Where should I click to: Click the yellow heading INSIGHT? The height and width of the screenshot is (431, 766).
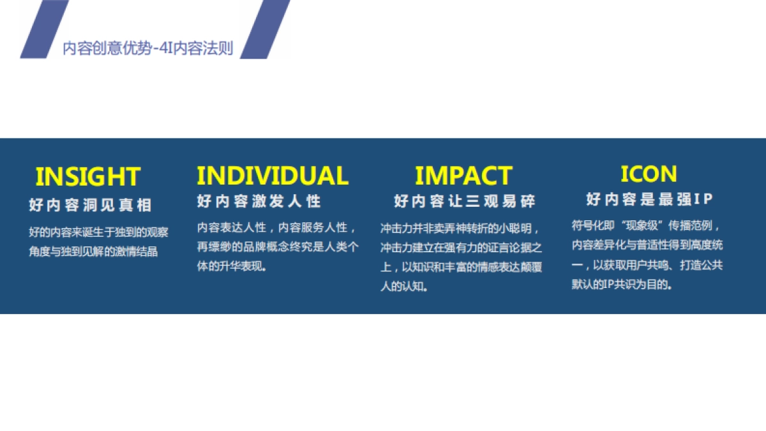[88, 176]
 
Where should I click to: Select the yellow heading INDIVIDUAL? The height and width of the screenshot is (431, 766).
[273, 176]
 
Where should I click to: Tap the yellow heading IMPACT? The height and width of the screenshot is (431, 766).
[463, 176]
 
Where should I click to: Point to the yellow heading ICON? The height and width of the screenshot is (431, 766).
[649, 174]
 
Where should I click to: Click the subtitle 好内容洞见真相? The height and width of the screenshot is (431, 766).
[90, 205]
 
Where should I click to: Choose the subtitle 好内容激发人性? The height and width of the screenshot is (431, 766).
[259, 200]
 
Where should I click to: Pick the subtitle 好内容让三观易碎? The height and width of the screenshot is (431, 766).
[465, 200]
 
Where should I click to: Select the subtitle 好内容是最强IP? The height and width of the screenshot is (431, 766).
[649, 199]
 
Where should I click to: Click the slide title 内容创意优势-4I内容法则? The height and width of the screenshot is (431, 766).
[148, 49]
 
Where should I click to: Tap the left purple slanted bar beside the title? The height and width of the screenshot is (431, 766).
[45, 29]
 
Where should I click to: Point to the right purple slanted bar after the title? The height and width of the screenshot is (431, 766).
[266, 29]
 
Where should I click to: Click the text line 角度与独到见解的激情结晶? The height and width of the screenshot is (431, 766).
[93, 252]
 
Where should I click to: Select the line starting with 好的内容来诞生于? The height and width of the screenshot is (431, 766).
[98, 232]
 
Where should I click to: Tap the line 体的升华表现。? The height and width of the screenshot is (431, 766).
[232, 266]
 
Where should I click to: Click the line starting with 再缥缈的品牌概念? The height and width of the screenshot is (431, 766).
[278, 246]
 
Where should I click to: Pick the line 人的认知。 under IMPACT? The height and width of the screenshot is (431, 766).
[404, 286]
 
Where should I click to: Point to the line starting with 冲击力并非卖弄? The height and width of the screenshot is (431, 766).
[460, 228]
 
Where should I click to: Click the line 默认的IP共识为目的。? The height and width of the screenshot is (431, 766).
[622, 284]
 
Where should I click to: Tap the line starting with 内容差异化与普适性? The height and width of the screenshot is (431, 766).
[647, 245]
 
